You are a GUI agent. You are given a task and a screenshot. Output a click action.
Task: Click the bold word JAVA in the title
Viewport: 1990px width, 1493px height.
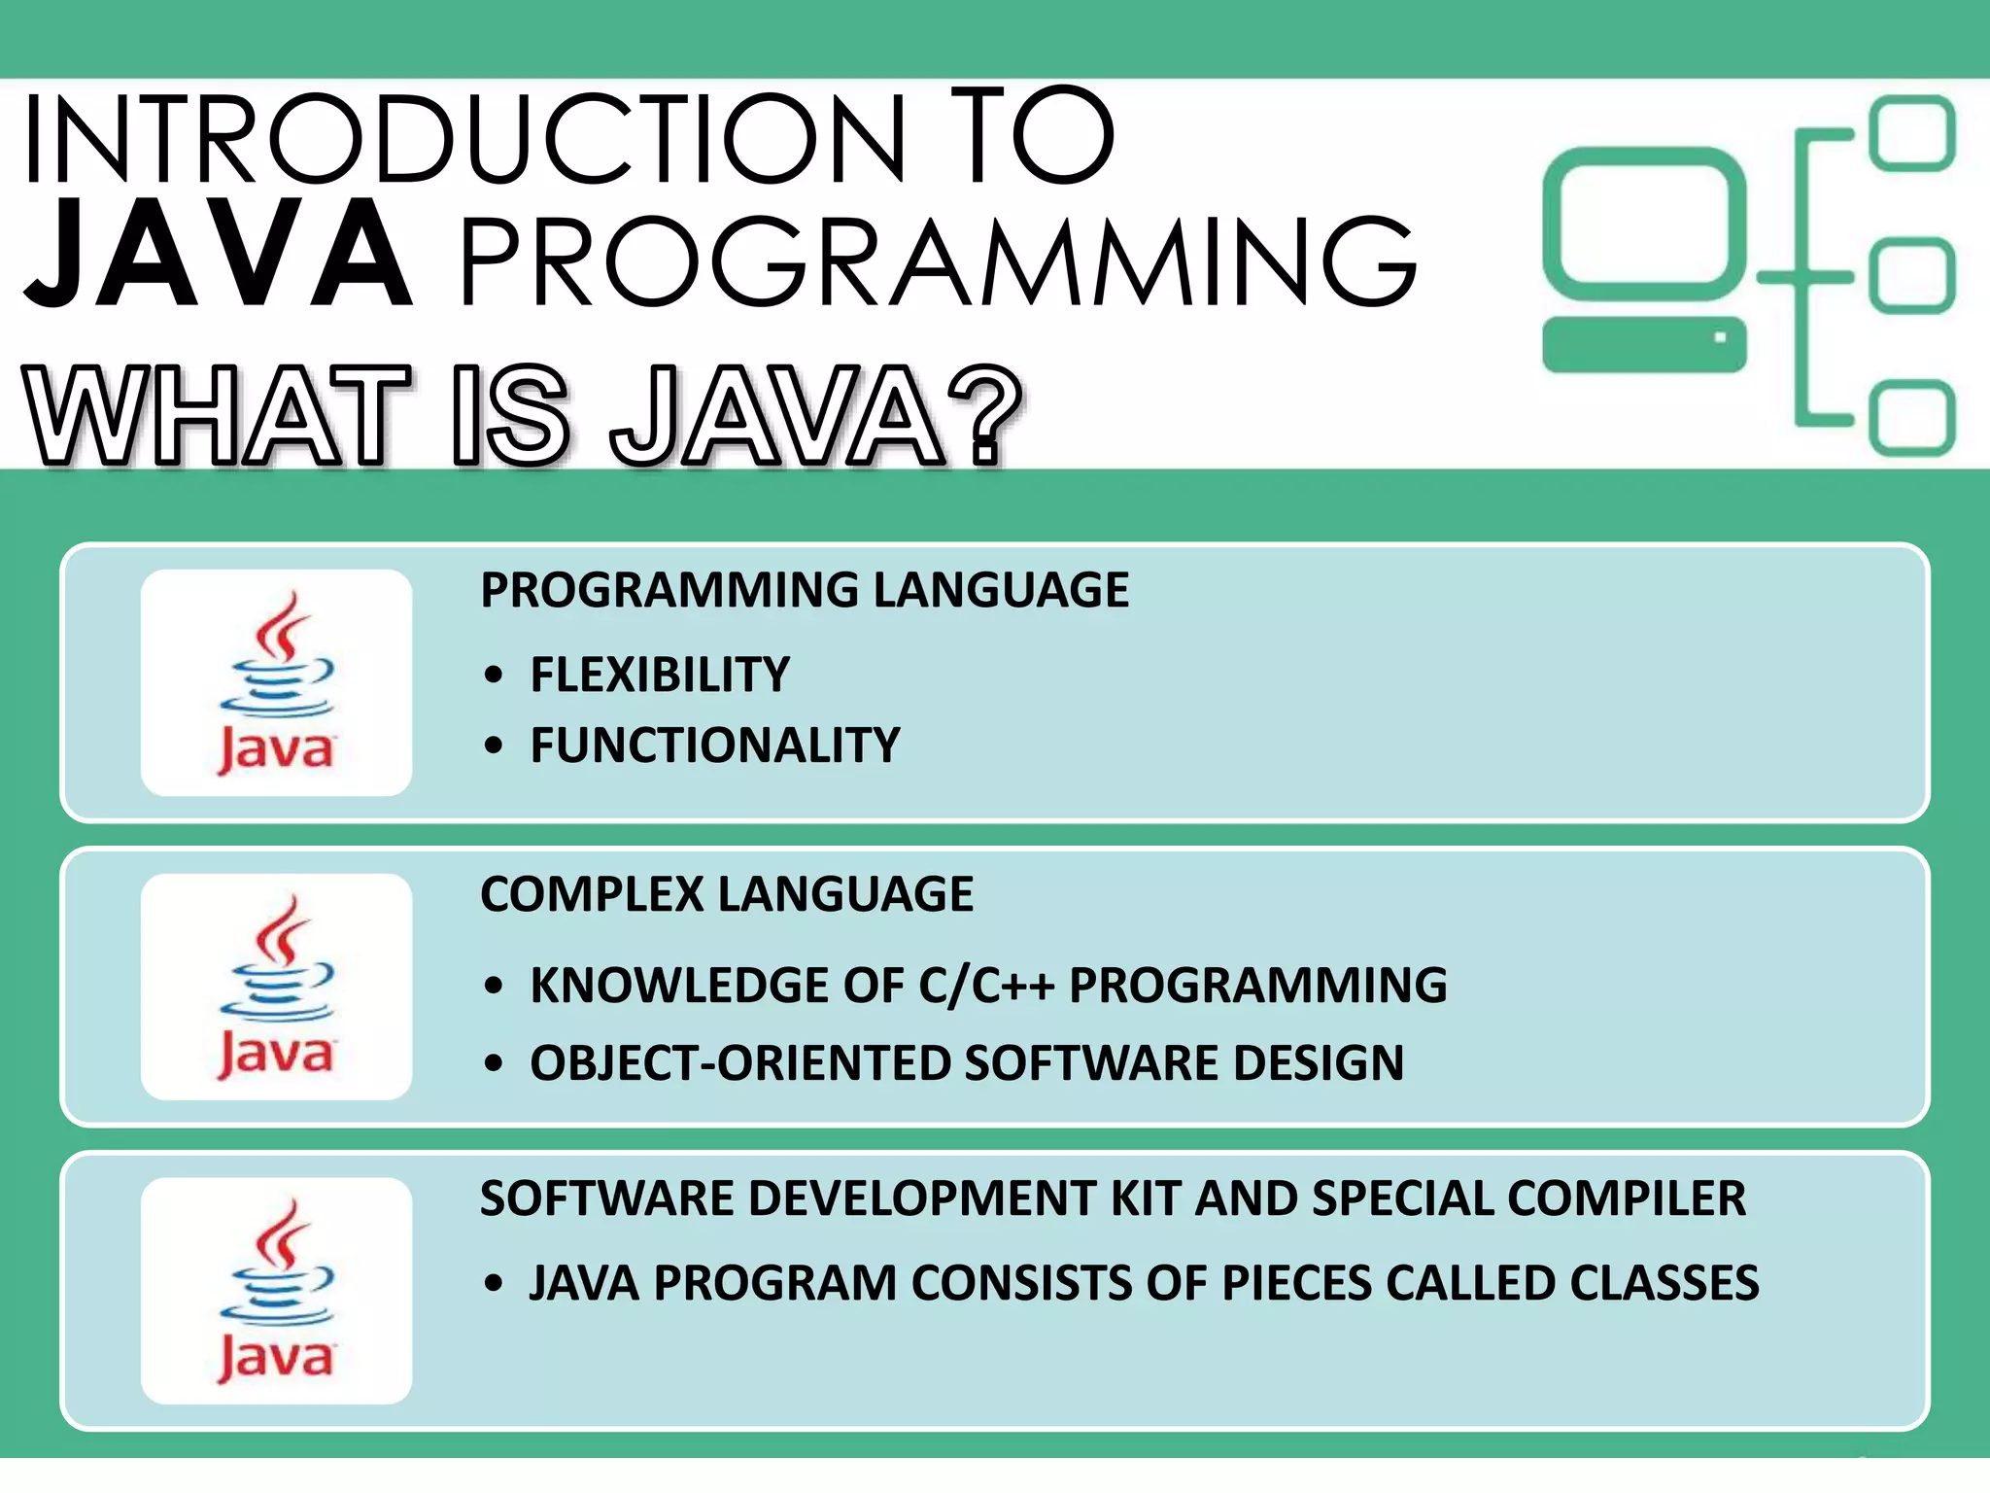(x=219, y=254)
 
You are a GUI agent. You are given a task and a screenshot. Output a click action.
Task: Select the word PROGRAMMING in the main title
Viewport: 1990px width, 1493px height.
(x=938, y=262)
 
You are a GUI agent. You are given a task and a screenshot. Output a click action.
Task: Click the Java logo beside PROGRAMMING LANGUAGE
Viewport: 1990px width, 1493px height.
(x=277, y=682)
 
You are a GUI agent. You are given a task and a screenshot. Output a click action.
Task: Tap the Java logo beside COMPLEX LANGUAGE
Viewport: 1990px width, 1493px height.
(x=277, y=987)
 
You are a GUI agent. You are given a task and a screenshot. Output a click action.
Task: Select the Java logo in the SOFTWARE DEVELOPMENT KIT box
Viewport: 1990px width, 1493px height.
(x=277, y=1291)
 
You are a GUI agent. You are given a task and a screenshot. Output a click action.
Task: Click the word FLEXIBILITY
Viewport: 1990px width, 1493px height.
(x=660, y=675)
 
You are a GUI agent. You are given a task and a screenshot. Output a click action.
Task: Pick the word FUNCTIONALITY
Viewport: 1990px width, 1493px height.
(x=715, y=746)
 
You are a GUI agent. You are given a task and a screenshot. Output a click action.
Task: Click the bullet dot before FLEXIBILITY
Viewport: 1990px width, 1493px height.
(x=494, y=675)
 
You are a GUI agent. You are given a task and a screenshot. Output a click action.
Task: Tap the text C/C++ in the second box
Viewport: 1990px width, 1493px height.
(x=986, y=986)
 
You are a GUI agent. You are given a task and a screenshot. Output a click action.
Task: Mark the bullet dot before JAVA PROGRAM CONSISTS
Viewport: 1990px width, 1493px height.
(x=494, y=1283)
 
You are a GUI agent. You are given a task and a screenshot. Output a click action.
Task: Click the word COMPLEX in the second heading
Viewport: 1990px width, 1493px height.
(x=591, y=894)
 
